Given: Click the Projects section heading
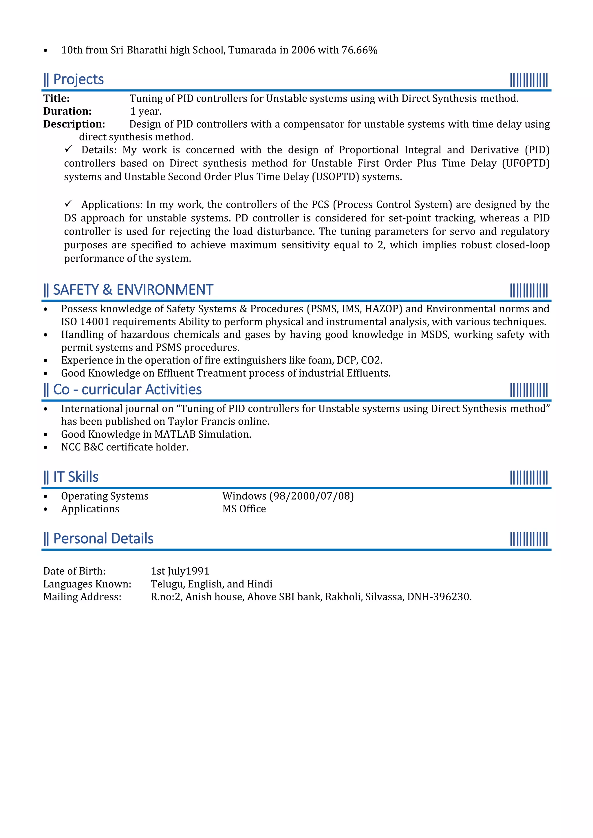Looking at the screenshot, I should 78,80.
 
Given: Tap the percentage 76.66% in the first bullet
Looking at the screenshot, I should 359,50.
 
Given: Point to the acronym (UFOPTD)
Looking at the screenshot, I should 526,163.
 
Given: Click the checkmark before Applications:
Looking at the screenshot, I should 69,203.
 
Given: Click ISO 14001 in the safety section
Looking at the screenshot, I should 85,322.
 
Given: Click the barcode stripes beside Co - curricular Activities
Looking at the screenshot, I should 529,390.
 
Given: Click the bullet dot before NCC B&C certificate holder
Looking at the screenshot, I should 46,448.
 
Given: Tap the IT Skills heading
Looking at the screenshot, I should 76,477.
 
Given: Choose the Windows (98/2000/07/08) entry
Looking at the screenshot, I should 288,496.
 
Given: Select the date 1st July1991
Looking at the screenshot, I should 180,571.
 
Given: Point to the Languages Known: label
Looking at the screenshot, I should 87,584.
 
